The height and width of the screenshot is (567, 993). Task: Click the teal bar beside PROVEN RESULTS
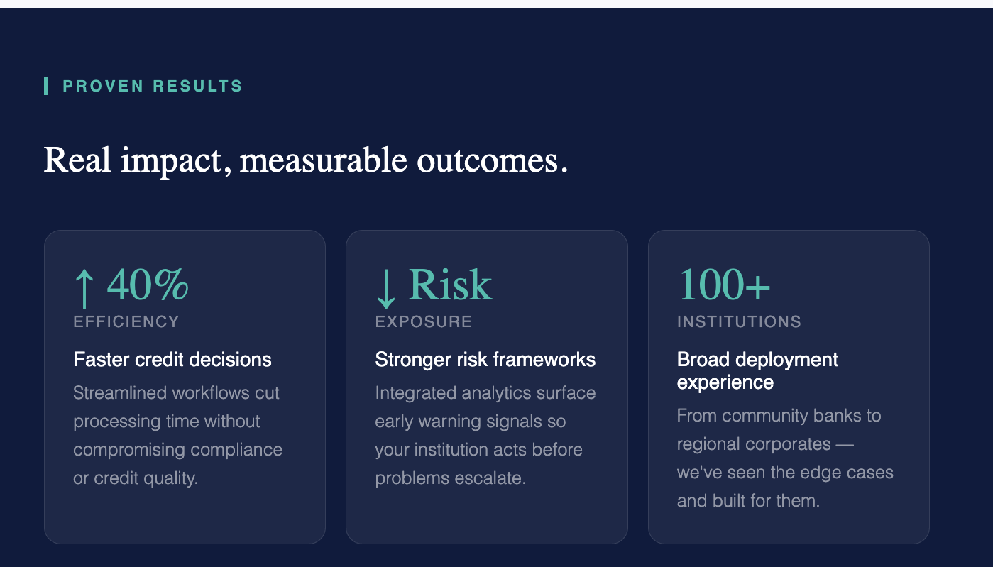tap(46, 86)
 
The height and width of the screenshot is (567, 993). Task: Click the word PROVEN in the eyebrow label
tap(104, 86)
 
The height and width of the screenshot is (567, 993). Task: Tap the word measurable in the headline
tap(324, 160)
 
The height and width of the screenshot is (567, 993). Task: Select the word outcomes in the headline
tap(487, 160)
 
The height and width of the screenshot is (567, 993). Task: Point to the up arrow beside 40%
tap(84, 288)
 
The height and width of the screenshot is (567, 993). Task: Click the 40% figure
tap(148, 284)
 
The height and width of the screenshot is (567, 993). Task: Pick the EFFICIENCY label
tap(126, 321)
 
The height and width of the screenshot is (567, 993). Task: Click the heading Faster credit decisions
tap(172, 359)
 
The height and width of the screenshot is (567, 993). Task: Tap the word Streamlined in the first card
tap(117, 392)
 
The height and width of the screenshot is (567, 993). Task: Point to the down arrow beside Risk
tap(386, 288)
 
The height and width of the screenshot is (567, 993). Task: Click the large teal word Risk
tap(450, 284)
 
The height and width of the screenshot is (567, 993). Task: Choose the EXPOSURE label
tap(424, 321)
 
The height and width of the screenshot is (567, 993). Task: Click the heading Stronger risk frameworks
tap(485, 359)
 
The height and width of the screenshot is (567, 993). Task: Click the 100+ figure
tap(724, 284)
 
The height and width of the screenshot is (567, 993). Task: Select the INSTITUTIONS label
tap(739, 321)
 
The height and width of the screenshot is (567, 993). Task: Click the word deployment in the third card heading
tap(787, 360)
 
